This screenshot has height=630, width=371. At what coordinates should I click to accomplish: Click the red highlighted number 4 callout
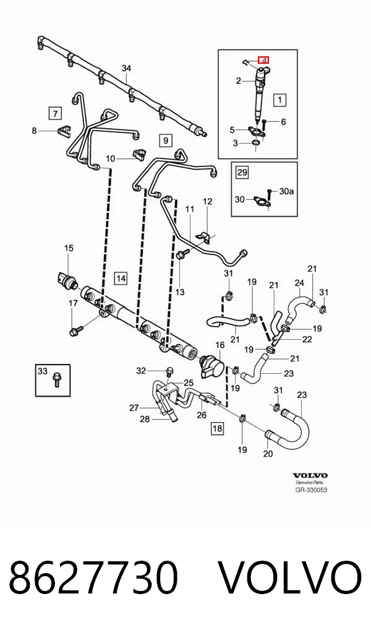point(263,59)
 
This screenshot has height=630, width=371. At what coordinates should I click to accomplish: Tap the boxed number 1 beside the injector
point(280,100)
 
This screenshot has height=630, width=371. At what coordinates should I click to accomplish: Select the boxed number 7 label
point(55,113)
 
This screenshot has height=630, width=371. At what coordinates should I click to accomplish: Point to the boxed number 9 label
point(166,140)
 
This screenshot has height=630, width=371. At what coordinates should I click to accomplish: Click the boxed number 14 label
point(121,278)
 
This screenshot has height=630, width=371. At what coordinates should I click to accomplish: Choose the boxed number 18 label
point(217,428)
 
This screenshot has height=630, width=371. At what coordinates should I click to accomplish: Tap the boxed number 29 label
point(242,173)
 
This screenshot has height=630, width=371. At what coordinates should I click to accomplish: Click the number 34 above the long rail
point(127,68)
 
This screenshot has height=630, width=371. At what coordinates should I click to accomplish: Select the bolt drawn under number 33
point(56,380)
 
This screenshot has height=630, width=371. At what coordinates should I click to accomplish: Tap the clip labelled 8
point(62,130)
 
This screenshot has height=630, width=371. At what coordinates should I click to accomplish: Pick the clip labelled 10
point(139,154)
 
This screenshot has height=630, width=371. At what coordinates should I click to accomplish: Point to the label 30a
point(286,192)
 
